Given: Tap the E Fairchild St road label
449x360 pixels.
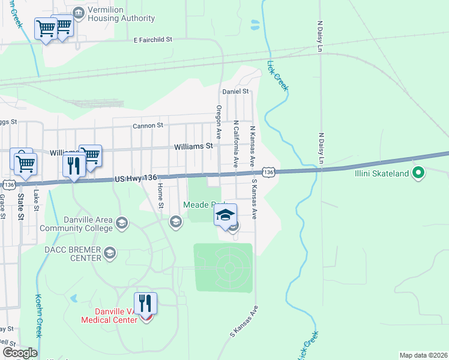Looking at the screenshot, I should pyautogui.click(x=152, y=40).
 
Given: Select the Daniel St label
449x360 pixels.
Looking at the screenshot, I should pyautogui.click(x=235, y=91).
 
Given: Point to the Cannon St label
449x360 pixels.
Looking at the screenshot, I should pyautogui.click(x=148, y=126).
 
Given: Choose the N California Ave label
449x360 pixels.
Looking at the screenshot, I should pyautogui.click(x=237, y=143).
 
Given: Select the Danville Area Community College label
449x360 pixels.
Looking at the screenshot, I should pyautogui.click(x=76, y=224).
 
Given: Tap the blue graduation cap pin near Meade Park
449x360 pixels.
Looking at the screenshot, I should pyautogui.click(x=225, y=215).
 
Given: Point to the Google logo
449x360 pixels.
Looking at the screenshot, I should pyautogui.click(x=20, y=353).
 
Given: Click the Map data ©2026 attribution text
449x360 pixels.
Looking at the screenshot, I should pyautogui.click(x=423, y=355).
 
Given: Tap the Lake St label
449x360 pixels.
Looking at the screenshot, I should pyautogui.click(x=37, y=199).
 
